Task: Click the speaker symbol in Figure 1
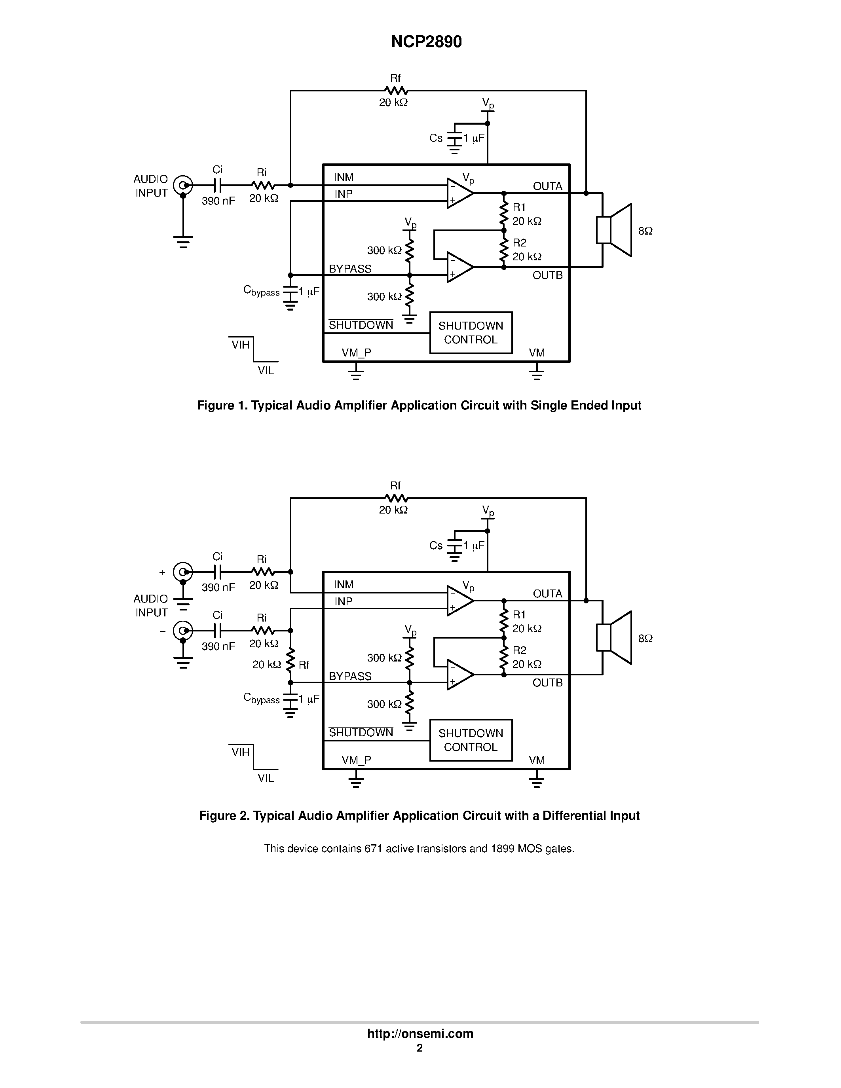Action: pos(614,230)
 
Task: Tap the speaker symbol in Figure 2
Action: pos(614,638)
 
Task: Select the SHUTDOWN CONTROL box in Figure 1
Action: pos(471,333)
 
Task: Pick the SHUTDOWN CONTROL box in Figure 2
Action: pos(471,740)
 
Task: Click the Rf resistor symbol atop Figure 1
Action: pos(396,91)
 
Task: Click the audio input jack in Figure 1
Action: pos(183,185)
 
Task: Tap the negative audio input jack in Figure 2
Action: pos(183,631)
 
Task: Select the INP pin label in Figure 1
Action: pos(343,194)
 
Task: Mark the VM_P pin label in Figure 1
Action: pos(356,353)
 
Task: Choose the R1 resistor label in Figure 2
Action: pos(519,615)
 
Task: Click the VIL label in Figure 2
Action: pos(266,778)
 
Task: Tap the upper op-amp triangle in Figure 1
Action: pos(459,193)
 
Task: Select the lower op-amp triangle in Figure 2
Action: pos(459,675)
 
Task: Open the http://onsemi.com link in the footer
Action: pos(420,1033)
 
